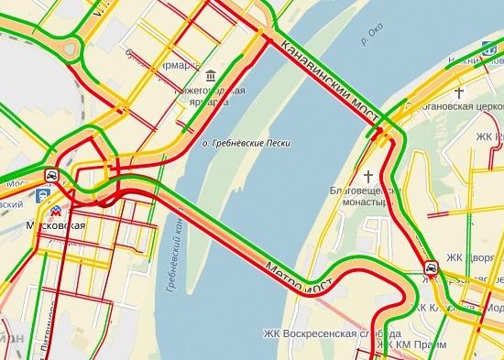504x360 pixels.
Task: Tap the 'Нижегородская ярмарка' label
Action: point(212,96)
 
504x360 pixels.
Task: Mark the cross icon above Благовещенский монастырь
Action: point(369,174)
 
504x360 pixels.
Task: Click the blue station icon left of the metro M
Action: point(42,194)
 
